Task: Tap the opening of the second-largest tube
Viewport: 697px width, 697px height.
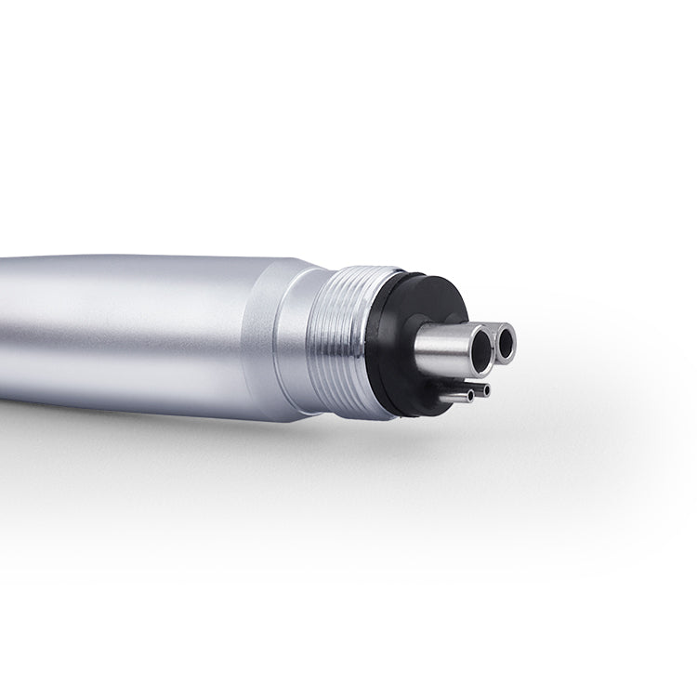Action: tap(507, 346)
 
